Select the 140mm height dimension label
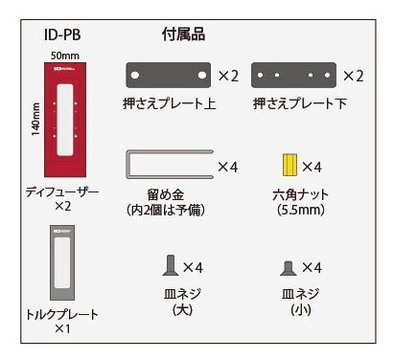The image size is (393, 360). tap(35, 120)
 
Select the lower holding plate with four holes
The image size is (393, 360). tap(291, 75)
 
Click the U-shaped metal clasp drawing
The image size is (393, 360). tap(168, 166)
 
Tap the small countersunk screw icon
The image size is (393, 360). tap(287, 267)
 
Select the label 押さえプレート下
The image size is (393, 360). tap(295, 101)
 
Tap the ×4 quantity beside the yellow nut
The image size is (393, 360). tap(312, 167)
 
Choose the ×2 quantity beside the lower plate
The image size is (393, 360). tap(353, 75)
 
